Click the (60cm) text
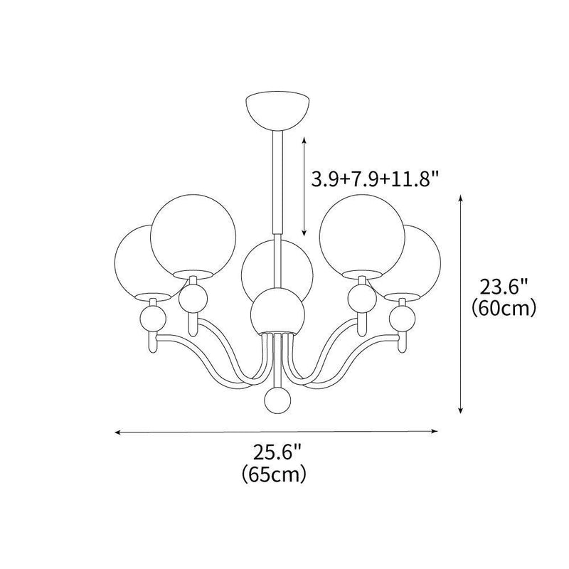pos(502,309)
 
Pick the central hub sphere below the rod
pos(277,311)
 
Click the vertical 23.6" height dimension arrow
pos(462,306)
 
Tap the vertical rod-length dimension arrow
pos(304,186)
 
